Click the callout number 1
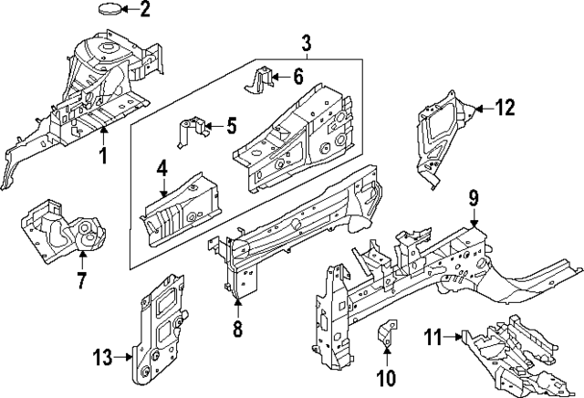coord(103,156)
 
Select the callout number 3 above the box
coord(306,42)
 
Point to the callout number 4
coord(162,169)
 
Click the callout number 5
coord(231,124)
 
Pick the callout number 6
coord(298,77)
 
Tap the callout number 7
coord(80,280)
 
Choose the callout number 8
coord(237,327)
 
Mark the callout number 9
coord(474,197)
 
